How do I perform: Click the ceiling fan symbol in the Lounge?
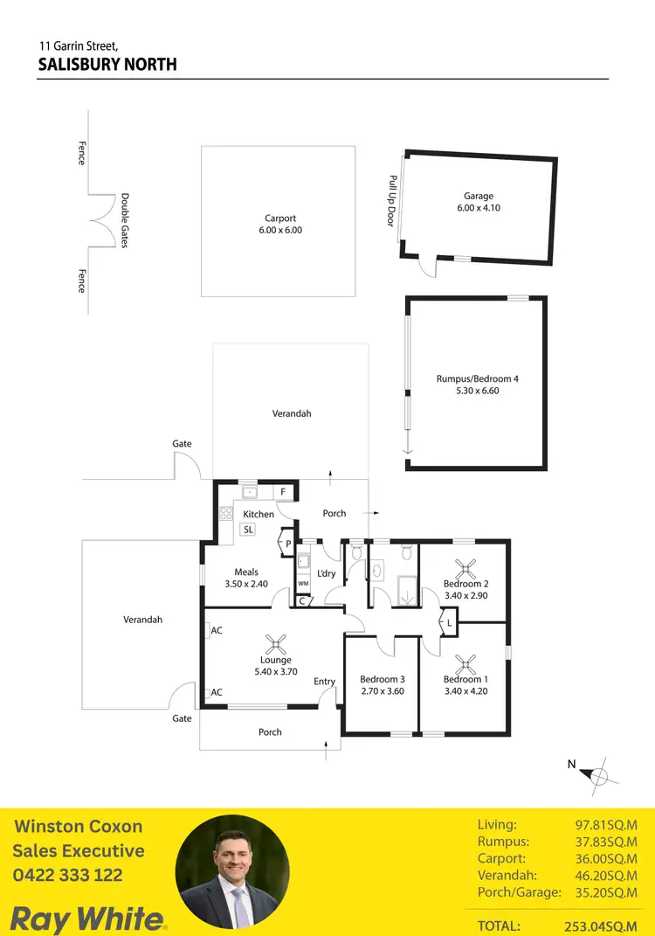pyautogui.click(x=276, y=646)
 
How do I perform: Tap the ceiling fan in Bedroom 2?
pyautogui.click(x=465, y=567)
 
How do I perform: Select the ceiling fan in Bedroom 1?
pyautogui.click(x=465, y=663)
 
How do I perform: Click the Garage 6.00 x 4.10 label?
pyautogui.click(x=479, y=203)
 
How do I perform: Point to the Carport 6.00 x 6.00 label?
pyautogui.click(x=280, y=225)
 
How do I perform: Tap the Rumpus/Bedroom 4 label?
pyautogui.click(x=478, y=385)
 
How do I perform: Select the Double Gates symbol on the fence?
pyautogui.click(x=104, y=219)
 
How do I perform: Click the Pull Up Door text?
pyautogui.click(x=392, y=201)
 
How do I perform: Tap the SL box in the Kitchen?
pyautogui.click(x=248, y=530)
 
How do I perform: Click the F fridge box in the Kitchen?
pyautogui.click(x=283, y=493)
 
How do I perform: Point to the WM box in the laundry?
pyautogui.click(x=304, y=583)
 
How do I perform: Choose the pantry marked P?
pyautogui.click(x=287, y=544)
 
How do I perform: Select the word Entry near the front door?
pyautogui.click(x=324, y=682)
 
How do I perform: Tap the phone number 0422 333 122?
pyautogui.click(x=67, y=875)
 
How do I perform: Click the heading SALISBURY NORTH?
pyautogui.click(x=107, y=65)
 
